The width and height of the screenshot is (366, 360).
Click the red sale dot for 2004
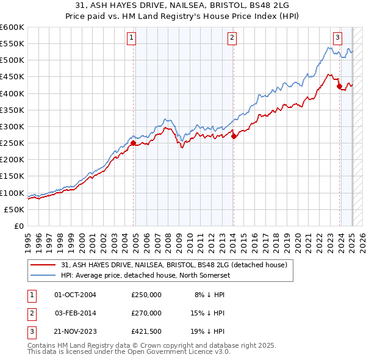[x=133, y=143]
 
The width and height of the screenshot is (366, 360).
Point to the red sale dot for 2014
[x=234, y=137]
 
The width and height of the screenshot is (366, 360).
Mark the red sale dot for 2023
[x=339, y=86]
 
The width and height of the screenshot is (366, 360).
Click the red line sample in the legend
[x=43, y=265]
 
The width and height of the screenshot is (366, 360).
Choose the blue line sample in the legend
[x=43, y=276]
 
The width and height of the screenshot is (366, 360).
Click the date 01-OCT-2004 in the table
[x=76, y=295]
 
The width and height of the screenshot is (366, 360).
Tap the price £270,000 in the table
[x=146, y=312]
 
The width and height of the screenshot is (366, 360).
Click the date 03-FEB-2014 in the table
[x=76, y=312]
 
